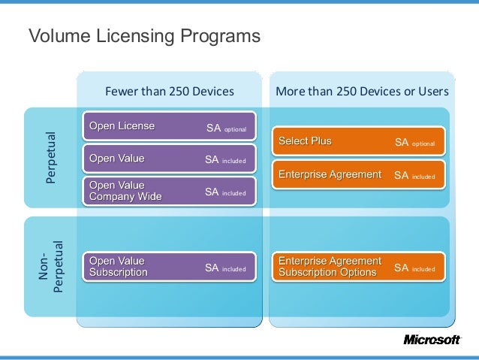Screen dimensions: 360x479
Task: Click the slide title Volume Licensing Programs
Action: pyautogui.click(x=143, y=36)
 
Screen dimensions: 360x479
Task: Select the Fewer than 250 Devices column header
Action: pyautogui.click(x=169, y=92)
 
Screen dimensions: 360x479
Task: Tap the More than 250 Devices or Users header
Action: pyautogui.click(x=362, y=92)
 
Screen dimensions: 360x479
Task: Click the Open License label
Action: pyautogui.click(x=122, y=126)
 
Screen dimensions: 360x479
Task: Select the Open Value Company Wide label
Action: pyautogui.click(x=125, y=191)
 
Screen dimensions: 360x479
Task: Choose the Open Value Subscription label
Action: pyautogui.click(x=118, y=267)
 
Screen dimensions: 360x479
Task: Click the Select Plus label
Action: pyautogui.click(x=305, y=141)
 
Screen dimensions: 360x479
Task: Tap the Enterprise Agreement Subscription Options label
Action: pyautogui.click(x=330, y=267)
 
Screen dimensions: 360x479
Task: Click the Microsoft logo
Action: pyautogui.click(x=432, y=340)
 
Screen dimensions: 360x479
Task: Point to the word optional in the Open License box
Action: pyautogui.click(x=236, y=129)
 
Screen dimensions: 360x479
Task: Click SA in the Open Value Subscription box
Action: pyautogui.click(x=212, y=268)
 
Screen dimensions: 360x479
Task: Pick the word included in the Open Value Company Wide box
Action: pyautogui.click(x=234, y=193)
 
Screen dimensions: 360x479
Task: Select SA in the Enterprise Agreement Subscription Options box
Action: pyautogui.click(x=401, y=268)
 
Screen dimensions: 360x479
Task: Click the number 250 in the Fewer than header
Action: pyautogui.click(x=182, y=92)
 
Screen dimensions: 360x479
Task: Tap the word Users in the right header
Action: pyautogui.click(x=433, y=92)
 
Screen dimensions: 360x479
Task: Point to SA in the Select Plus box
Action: pyautogui.click(x=401, y=141)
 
